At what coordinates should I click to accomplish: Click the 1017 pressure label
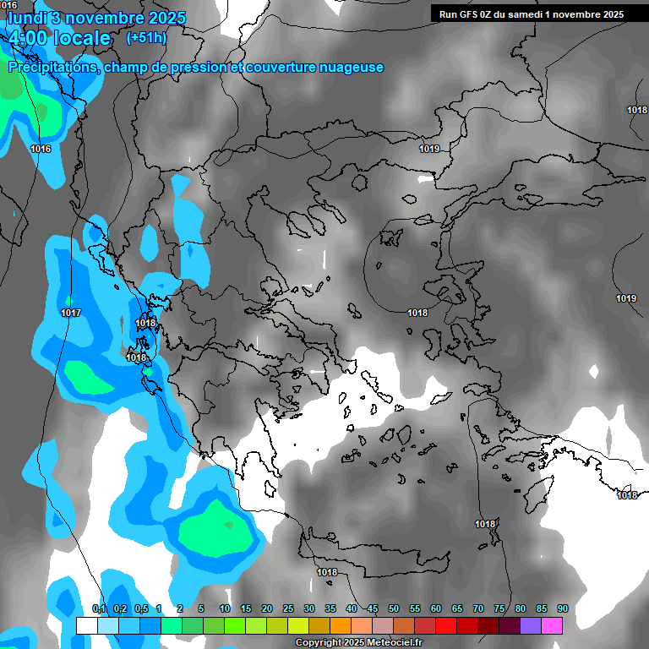pyautogui.click(x=71, y=313)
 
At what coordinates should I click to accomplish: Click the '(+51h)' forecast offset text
pyautogui.click(x=145, y=37)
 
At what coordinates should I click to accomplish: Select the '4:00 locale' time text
pyautogui.click(x=60, y=38)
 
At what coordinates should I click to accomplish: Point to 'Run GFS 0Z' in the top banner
pyautogui.click(x=467, y=14)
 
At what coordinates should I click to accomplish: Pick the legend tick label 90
pyautogui.click(x=563, y=608)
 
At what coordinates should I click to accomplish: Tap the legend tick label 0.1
pyautogui.click(x=99, y=608)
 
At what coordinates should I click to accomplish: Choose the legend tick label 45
pyautogui.click(x=373, y=608)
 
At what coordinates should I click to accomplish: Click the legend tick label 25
pyautogui.click(x=288, y=608)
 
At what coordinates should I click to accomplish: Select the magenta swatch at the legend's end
pyautogui.click(x=552, y=625)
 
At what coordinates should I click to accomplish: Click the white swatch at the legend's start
pyautogui.click(x=87, y=625)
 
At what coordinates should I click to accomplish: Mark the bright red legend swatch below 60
pyautogui.click(x=446, y=625)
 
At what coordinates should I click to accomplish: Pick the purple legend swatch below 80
pyautogui.click(x=531, y=625)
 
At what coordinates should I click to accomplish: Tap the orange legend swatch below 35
pyautogui.click(x=341, y=625)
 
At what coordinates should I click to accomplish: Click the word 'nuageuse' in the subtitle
pyautogui.click(x=349, y=68)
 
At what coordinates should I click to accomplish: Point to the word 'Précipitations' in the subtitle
pyautogui.click(x=52, y=68)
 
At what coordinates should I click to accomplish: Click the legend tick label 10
pyautogui.click(x=225, y=608)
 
